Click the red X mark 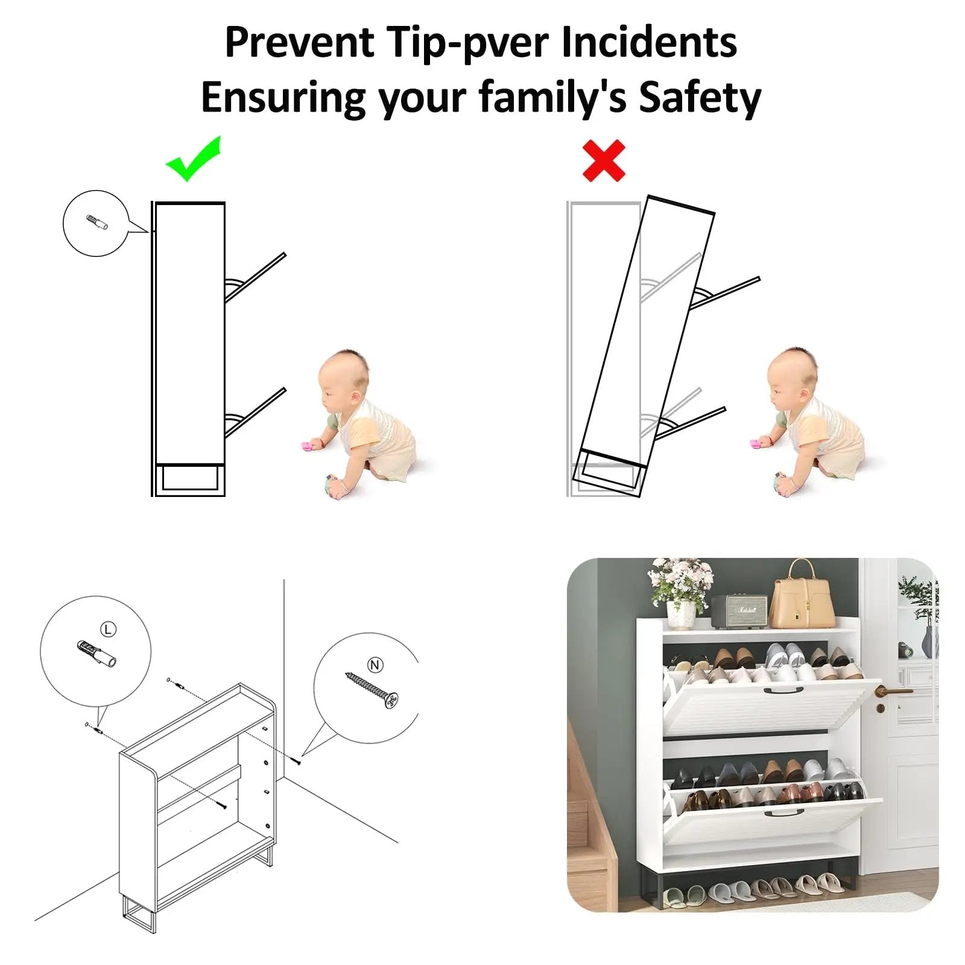604,160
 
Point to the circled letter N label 375,665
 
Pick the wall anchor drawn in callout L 96,653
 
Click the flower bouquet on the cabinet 681,585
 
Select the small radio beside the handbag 740,611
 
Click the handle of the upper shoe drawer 783,691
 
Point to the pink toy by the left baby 310,446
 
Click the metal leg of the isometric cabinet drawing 139,916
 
